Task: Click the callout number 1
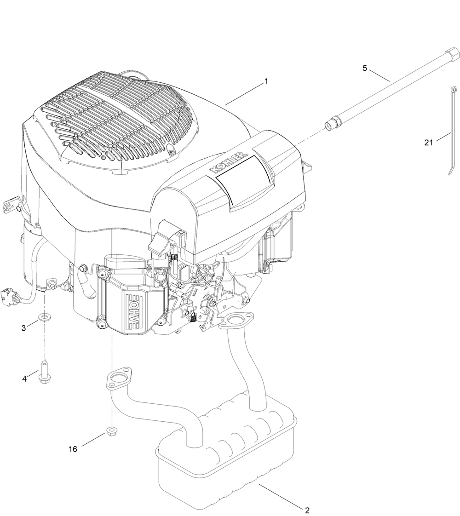pos(266,82)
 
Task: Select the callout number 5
pos(365,69)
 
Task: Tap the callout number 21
pos(429,143)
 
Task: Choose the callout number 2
pos(307,510)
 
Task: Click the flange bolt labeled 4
pos(45,372)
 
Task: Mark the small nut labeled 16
pos(111,431)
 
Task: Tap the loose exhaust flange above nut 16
pos(118,379)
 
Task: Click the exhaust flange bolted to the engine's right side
pos(236,320)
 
